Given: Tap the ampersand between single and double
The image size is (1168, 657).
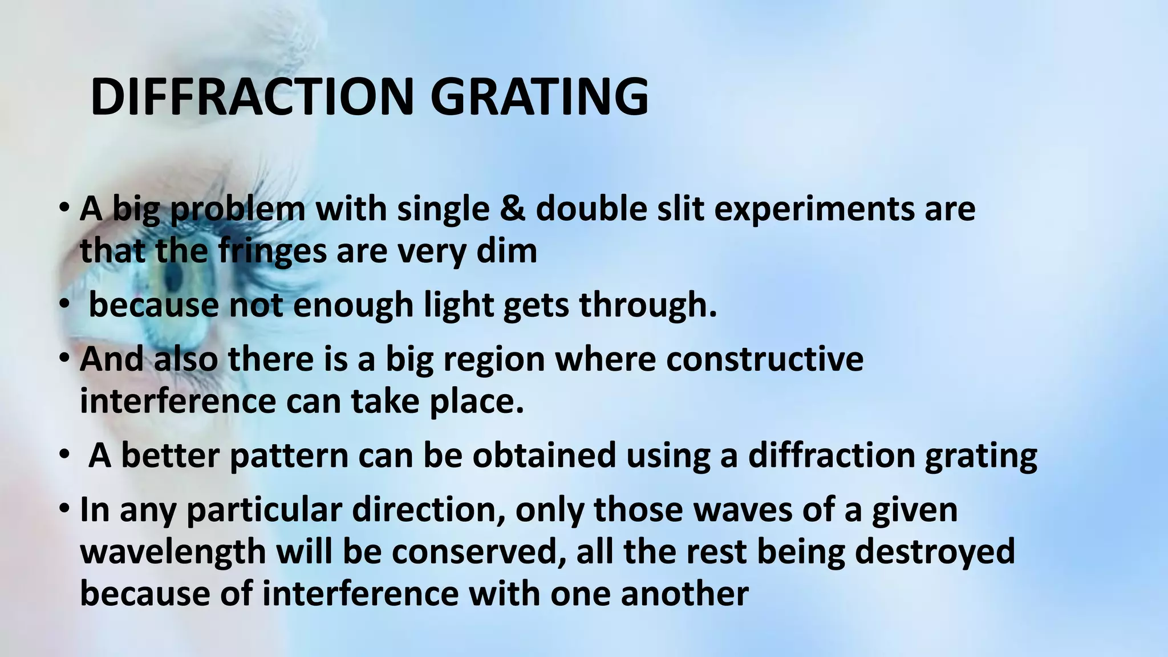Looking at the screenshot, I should click(512, 209).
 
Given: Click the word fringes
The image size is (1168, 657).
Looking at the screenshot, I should click(271, 252).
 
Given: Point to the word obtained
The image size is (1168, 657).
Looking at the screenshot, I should click(544, 456).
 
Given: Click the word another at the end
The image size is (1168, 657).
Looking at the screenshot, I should click(684, 594).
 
